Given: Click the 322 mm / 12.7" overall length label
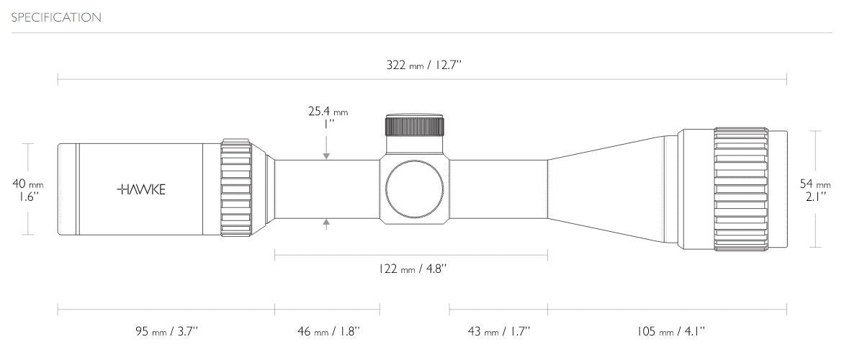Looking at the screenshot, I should pyautogui.click(x=423, y=66).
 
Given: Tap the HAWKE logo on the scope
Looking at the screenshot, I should pyautogui.click(x=141, y=189).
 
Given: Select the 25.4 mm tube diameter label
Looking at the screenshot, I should pyautogui.click(x=328, y=112).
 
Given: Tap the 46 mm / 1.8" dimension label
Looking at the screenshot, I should pyautogui.click(x=328, y=331).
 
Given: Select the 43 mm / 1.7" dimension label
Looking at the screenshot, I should pyautogui.click(x=498, y=331).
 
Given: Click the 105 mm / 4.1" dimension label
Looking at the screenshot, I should pyautogui.click(x=670, y=331).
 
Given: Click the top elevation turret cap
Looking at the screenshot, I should pyautogui.click(x=415, y=125).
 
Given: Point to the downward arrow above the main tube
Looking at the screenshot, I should pyautogui.click(x=327, y=153).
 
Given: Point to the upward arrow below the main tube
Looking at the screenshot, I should pyautogui.click(x=327, y=224).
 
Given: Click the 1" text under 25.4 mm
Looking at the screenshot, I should pyautogui.click(x=328, y=123).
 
